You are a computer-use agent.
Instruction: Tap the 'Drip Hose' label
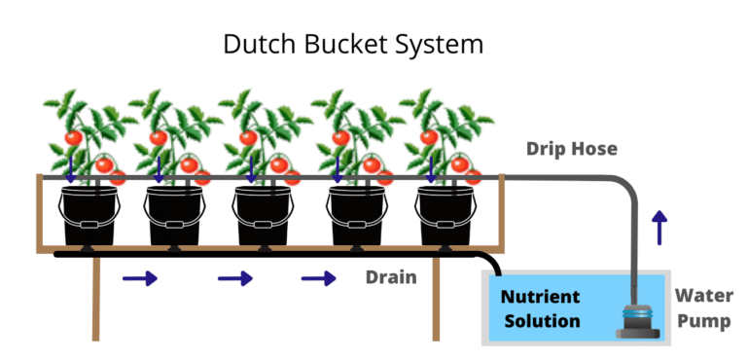pyautogui.click(x=572, y=149)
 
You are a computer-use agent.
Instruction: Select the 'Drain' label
pyautogui.click(x=391, y=277)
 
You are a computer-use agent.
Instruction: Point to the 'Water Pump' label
pyautogui.click(x=703, y=307)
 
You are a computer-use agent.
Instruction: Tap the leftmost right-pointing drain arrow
pyautogui.click(x=139, y=279)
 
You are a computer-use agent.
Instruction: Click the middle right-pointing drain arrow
pyautogui.click(x=234, y=279)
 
